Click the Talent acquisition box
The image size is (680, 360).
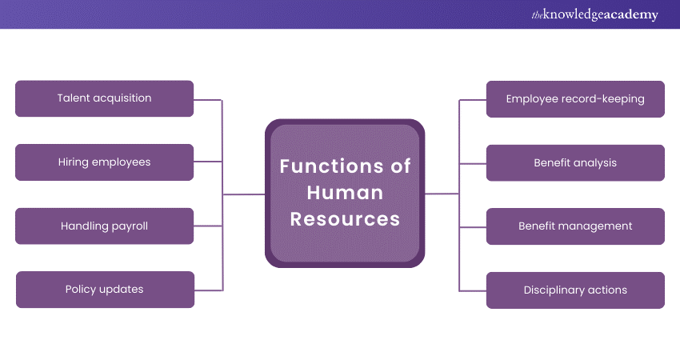(104, 98)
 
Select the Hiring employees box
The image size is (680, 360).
(104, 162)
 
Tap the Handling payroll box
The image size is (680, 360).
(104, 226)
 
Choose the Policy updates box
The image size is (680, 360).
(104, 290)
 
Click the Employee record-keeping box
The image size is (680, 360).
(575, 99)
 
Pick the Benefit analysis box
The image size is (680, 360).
(575, 163)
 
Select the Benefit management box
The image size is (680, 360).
(575, 226)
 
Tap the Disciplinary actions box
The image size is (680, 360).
(575, 290)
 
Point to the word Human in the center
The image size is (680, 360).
(345, 193)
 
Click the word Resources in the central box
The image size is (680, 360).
(345, 218)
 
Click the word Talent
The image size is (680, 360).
(73, 98)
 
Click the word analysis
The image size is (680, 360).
(595, 163)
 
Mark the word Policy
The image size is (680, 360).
(81, 290)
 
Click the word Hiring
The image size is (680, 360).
(73, 162)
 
